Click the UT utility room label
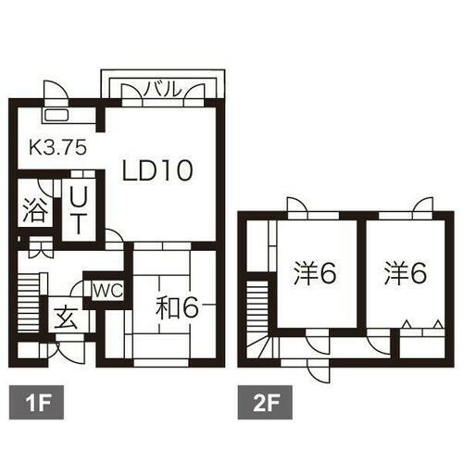[80, 209]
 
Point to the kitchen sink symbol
[56, 116]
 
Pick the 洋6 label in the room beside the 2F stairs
[316, 273]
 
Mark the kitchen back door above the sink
[56, 94]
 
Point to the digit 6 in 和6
[189, 307]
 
